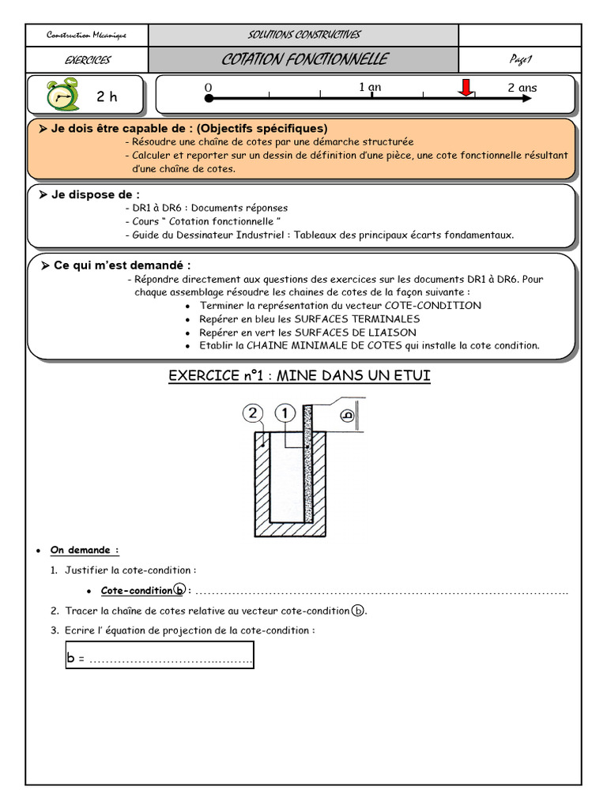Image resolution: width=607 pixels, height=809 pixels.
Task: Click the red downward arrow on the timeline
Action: tap(466, 88)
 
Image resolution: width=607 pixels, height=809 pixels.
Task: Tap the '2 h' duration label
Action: tap(107, 97)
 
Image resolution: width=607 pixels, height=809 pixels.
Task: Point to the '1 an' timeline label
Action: tap(370, 87)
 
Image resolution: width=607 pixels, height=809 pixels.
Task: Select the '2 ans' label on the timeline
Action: tap(522, 88)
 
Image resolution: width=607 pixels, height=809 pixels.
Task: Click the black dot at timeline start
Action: tap(209, 99)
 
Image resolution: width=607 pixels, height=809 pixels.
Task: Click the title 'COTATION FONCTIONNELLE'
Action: tap(304, 59)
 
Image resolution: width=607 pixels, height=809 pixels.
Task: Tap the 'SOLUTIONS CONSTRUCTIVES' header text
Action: tap(303, 35)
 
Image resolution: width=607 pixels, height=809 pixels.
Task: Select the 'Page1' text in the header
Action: tap(521, 59)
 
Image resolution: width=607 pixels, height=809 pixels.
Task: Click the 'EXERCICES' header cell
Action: tap(87, 60)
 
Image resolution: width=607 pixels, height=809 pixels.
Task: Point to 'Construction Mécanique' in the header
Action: tap(86, 35)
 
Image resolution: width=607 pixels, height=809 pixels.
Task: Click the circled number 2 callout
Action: tap(251, 413)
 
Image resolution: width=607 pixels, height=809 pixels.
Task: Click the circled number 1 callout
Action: tap(285, 413)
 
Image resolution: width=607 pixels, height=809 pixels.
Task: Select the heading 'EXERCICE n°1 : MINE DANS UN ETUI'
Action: tap(300, 375)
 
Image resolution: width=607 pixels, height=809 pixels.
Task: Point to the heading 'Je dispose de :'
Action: tap(95, 194)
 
